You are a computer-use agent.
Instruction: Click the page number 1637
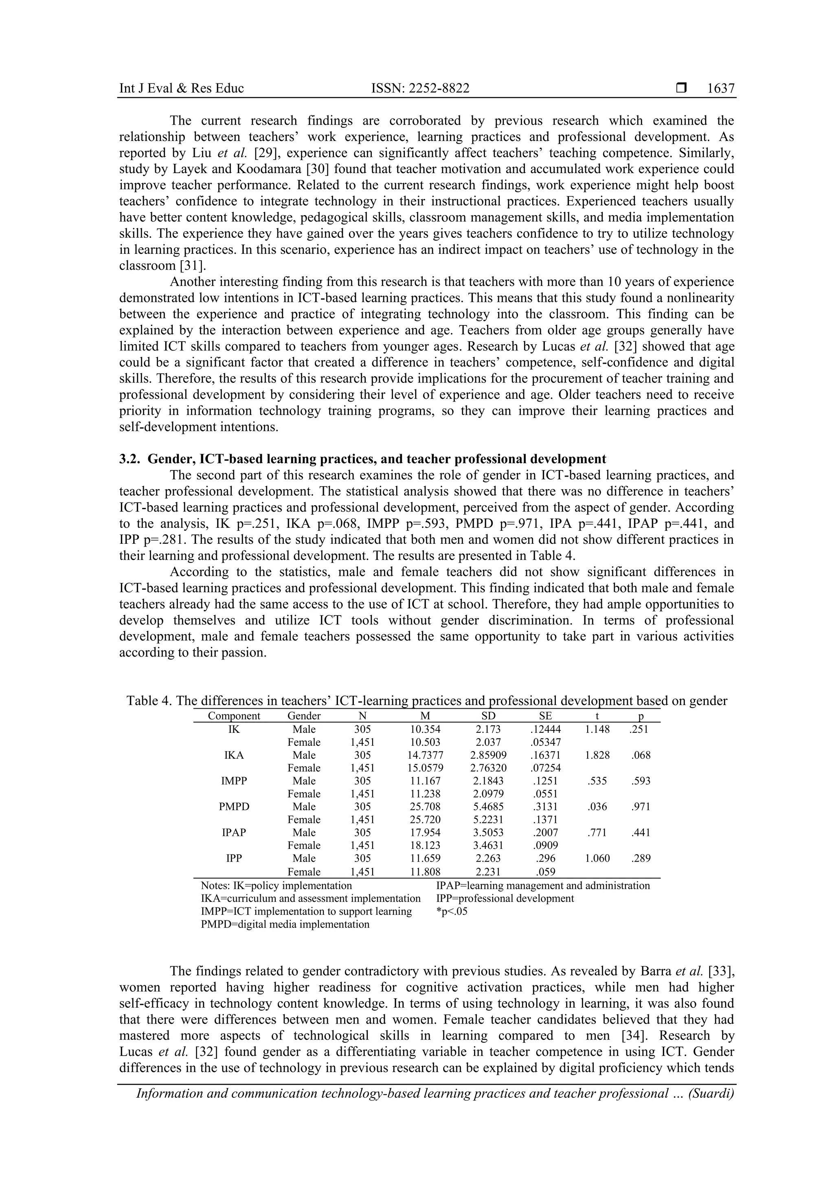click(720, 88)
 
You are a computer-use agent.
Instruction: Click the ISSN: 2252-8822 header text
click(420, 88)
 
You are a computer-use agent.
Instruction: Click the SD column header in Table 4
click(489, 716)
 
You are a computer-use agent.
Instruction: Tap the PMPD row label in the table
click(234, 806)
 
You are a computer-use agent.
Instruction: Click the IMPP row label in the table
click(234, 781)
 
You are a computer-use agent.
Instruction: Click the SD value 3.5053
click(489, 833)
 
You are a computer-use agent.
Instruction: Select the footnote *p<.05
click(452, 912)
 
